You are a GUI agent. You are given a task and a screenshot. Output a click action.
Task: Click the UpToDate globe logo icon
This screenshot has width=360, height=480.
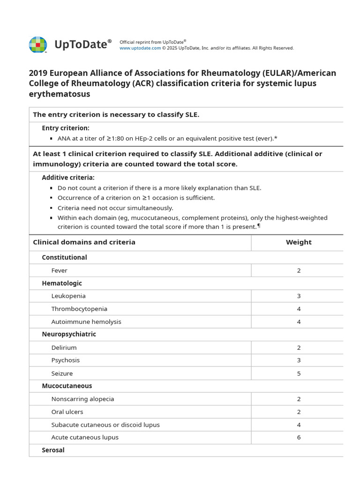pos(38,45)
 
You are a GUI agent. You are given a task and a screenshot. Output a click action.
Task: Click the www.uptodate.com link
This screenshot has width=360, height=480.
pos(140,48)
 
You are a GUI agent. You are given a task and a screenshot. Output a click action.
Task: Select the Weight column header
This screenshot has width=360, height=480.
pos(299,242)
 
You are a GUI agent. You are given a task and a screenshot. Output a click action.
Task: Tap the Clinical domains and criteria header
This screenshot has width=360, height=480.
pos(84,242)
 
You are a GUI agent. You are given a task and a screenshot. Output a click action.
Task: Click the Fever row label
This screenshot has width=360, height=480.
pos(60,270)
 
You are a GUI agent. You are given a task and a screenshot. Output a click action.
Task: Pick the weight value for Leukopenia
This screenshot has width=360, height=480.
pos(299,296)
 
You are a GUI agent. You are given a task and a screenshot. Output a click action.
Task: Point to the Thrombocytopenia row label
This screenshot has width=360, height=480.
pos(79,309)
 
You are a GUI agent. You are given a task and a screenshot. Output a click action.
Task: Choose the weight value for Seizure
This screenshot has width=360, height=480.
pos(299,374)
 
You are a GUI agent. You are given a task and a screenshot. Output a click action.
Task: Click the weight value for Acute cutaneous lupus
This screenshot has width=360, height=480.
pos(299,437)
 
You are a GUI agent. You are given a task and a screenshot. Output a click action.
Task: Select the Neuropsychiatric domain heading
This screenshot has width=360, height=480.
pos(69,334)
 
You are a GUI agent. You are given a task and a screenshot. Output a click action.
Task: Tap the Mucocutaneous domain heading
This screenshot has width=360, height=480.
pos(67,386)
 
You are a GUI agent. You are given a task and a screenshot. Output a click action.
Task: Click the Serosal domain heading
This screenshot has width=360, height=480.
pos(53,450)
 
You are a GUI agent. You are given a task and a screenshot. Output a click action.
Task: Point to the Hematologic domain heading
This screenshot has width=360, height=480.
pos(62,283)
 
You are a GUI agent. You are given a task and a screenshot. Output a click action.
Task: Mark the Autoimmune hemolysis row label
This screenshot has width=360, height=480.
pos(86,322)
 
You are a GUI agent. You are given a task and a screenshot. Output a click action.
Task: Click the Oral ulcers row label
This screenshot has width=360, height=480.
pos(67,412)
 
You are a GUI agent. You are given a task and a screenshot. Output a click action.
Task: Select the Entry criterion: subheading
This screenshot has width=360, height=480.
pos(66,128)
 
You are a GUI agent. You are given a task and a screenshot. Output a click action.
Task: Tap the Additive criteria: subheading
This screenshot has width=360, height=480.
pos(68,178)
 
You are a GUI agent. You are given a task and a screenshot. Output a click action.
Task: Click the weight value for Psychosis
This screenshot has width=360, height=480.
pos(299,360)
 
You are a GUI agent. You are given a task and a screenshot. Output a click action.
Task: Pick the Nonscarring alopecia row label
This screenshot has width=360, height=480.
pos(83,399)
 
